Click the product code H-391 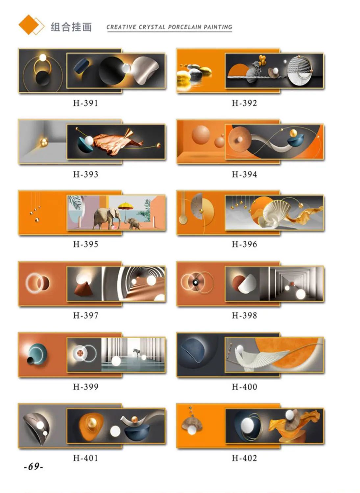pos(85,103)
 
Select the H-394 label pos(244,174)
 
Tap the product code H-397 pos(86,316)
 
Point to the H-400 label pos(244,387)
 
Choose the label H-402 pos(244,458)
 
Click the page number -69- pos(34,466)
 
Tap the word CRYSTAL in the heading pos(152,27)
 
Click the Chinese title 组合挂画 pos(71,27)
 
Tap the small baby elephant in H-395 pos(133,223)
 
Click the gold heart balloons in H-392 pos(262,59)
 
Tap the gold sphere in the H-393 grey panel pos(44,142)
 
